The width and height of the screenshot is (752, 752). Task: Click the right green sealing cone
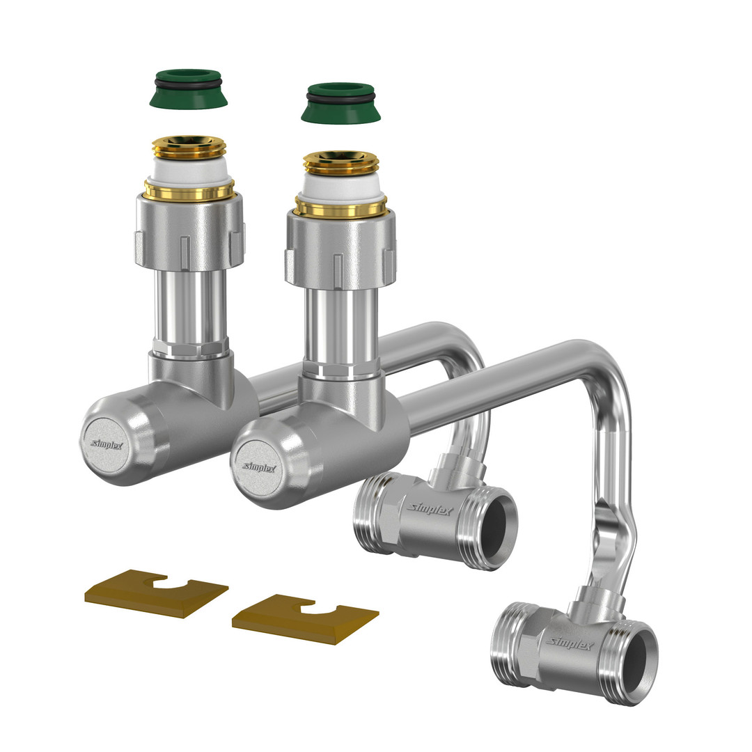click(340, 103)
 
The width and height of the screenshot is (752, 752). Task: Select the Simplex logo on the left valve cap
click(107, 444)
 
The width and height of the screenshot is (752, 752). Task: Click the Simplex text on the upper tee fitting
click(430, 509)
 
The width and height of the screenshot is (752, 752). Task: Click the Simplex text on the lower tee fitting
click(570, 643)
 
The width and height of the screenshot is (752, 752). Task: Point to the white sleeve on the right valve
click(340, 187)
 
